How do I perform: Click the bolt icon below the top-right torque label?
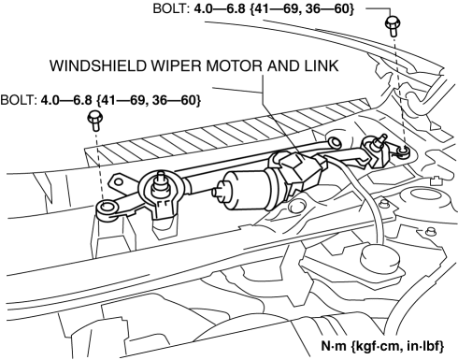393,26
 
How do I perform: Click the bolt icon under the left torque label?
94,121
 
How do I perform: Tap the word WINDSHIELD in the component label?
98,65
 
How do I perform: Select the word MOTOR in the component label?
231,65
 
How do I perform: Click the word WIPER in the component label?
176,65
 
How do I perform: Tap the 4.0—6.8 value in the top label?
220,8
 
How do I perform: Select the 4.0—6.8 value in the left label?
66,100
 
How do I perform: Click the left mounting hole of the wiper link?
107,208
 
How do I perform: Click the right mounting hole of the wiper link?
403,151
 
